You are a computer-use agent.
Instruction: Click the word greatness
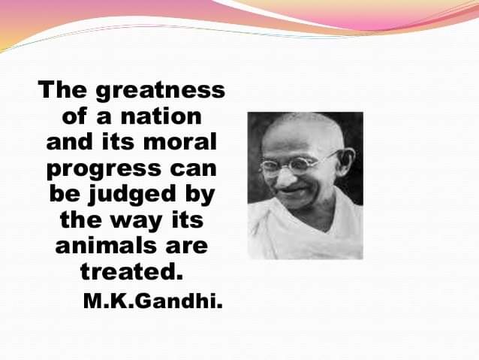pyautogui.click(x=161, y=91)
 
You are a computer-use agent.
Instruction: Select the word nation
pyautogui.click(x=161, y=116)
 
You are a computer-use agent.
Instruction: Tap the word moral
pyautogui.click(x=180, y=142)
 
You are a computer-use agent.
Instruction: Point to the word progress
pyautogui.click(x=104, y=170)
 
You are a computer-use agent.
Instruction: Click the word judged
pyautogui.click(x=132, y=195)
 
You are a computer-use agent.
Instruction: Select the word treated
pyautogui.click(x=131, y=271)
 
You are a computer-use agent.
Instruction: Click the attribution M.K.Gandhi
pyautogui.click(x=152, y=301)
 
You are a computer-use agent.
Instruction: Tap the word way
pyautogui.click(x=136, y=222)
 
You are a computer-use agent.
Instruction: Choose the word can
pyautogui.click(x=193, y=169)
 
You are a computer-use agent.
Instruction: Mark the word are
pyautogui.click(x=187, y=247)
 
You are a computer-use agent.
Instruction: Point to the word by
pyautogui.click(x=200, y=195)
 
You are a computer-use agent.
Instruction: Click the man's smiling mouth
pyautogui.click(x=292, y=192)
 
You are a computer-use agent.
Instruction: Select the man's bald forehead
pyautogui.click(x=301, y=135)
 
